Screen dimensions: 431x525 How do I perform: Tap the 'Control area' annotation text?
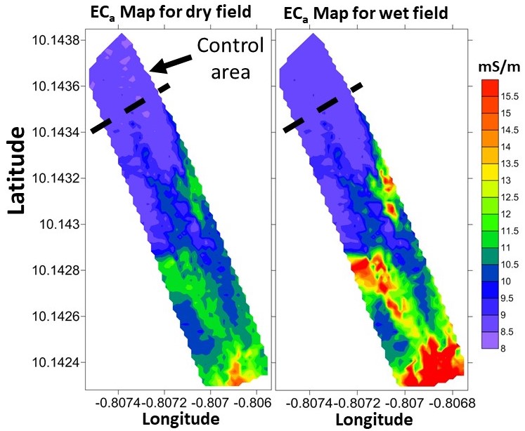coord(230,59)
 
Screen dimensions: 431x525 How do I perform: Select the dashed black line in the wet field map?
coord(323,107)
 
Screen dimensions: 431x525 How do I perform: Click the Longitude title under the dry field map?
coord(181,419)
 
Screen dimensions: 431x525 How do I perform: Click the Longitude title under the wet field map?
coord(373,419)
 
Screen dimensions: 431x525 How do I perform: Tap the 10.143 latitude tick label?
coord(61,224)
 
